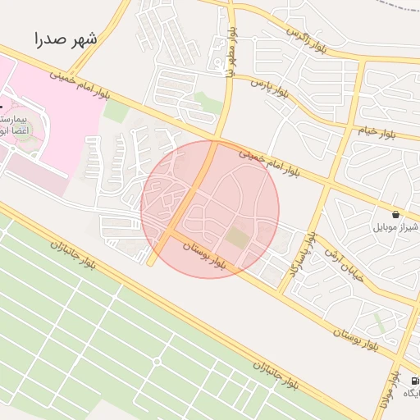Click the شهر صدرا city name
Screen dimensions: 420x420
point(66,39)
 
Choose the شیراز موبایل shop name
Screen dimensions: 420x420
point(396,226)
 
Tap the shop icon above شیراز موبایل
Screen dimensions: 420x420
point(396,213)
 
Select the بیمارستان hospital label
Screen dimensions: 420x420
point(17,121)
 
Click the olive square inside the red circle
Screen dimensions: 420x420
point(237,238)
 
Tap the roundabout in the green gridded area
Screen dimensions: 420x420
point(157,361)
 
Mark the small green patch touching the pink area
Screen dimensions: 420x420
point(116,112)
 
